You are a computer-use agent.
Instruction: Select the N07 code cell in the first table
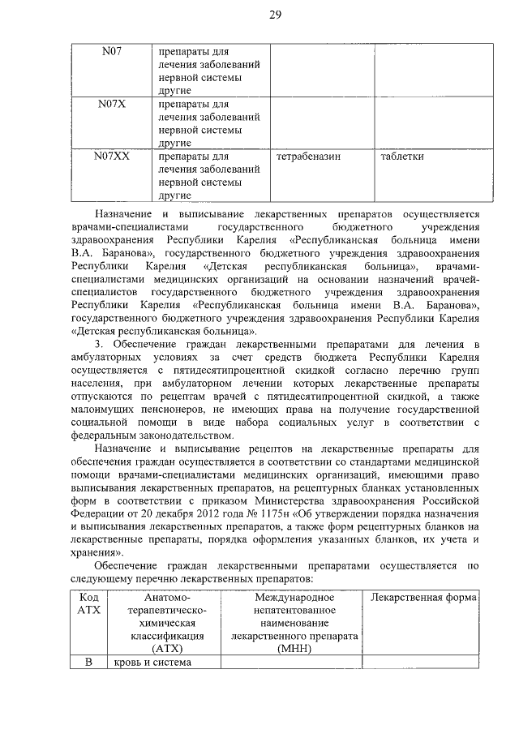coord(112,52)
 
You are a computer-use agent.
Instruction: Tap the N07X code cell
coord(112,104)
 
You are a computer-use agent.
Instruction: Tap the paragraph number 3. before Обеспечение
coord(100,348)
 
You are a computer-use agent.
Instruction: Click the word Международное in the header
coord(294,598)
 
